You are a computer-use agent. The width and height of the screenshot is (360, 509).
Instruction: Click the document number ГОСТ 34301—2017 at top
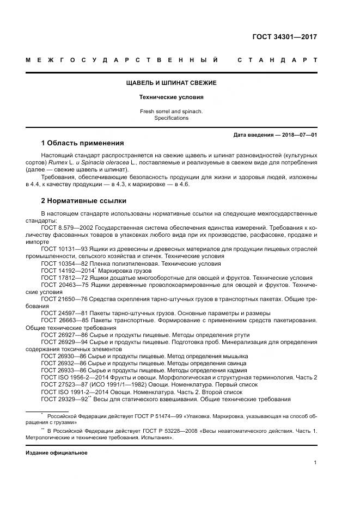(x=284, y=38)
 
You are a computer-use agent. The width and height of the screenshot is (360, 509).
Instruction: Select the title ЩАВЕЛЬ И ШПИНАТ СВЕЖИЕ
(x=171, y=83)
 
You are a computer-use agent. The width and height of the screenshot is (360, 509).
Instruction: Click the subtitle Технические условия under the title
(x=171, y=97)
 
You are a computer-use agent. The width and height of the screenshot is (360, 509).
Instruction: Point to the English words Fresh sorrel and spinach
(x=171, y=111)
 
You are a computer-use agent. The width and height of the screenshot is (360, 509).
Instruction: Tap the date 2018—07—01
(x=298, y=134)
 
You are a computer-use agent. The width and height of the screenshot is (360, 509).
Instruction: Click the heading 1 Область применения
(x=82, y=144)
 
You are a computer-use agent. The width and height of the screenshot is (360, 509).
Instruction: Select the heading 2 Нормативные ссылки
(x=83, y=200)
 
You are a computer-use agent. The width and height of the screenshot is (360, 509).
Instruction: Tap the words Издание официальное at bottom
(x=57, y=452)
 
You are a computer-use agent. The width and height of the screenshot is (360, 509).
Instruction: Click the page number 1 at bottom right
(x=315, y=463)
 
